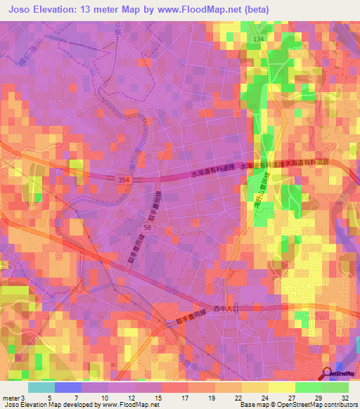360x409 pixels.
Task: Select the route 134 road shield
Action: [259, 39]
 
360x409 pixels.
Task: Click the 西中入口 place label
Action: [231, 307]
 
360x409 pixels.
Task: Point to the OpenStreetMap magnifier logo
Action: [329, 374]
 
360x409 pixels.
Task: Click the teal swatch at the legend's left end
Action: [41, 387]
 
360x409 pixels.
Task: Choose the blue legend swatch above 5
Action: [67, 387]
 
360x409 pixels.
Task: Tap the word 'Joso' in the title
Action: [22, 10]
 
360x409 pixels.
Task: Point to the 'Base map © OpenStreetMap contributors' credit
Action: [298, 405]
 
